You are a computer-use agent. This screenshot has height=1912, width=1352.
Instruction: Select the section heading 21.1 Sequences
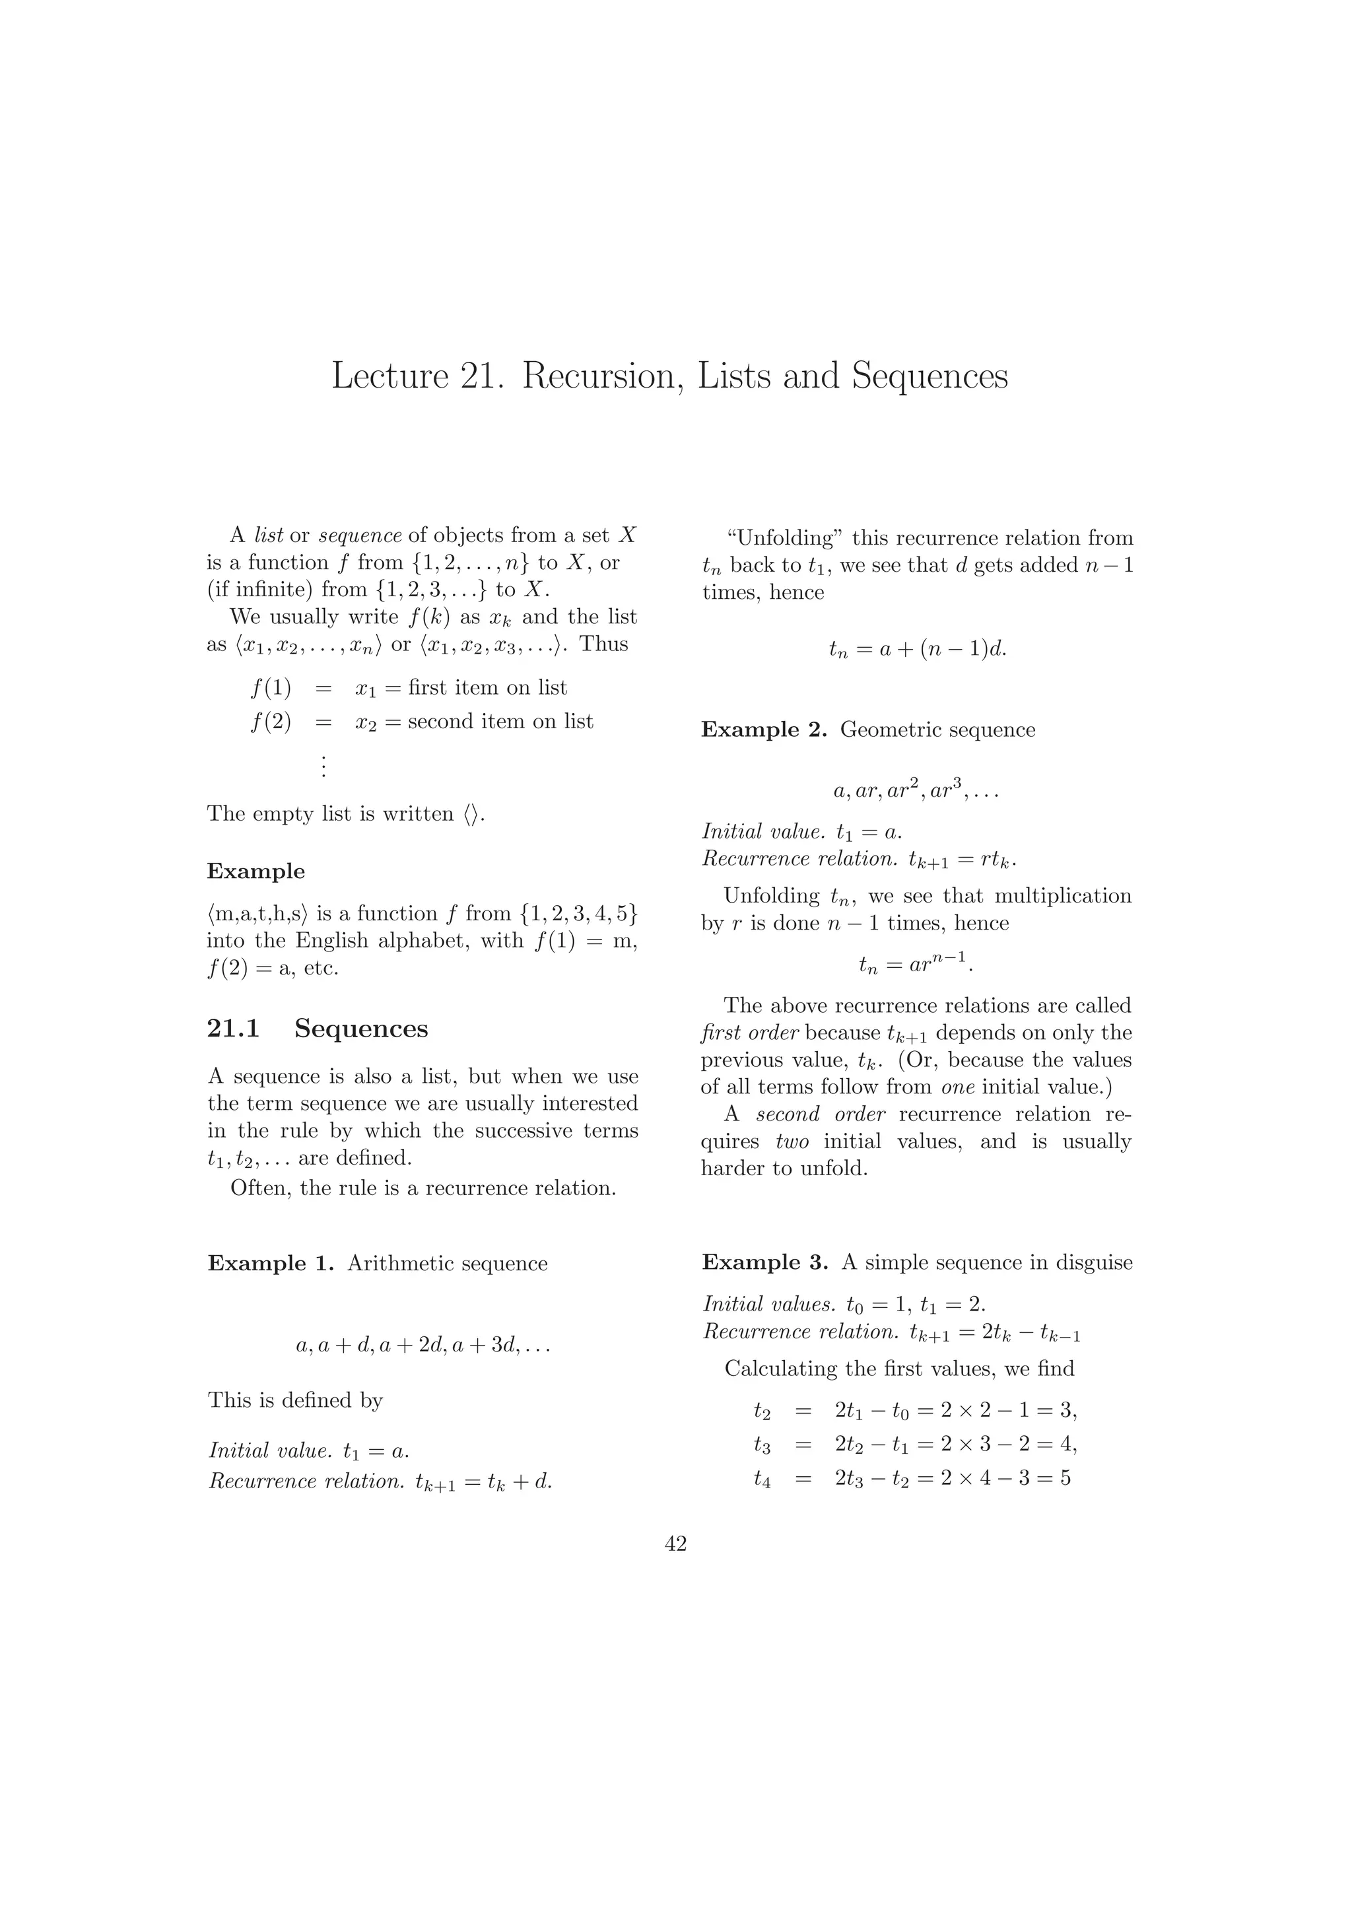(x=317, y=1029)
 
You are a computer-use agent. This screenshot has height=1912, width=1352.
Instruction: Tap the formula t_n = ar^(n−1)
(x=916, y=965)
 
